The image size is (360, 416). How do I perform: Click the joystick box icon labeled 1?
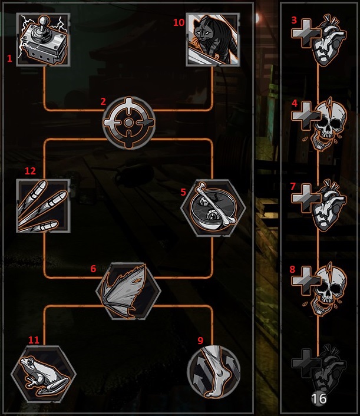pyautogui.click(x=45, y=40)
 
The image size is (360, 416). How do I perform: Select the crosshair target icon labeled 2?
pyautogui.click(x=128, y=123)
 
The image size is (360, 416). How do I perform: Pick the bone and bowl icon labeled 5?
pyautogui.click(x=212, y=206)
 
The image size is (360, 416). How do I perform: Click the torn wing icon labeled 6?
pyautogui.click(x=128, y=289)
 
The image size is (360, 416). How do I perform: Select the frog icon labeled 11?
pyautogui.click(x=44, y=372)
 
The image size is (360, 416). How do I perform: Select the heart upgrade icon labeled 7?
pyautogui.click(x=319, y=206)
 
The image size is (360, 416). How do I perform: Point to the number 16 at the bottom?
pyautogui.click(x=319, y=399)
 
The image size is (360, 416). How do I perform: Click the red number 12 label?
pyautogui.click(x=30, y=171)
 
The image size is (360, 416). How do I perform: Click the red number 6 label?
pyautogui.click(x=93, y=268)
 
